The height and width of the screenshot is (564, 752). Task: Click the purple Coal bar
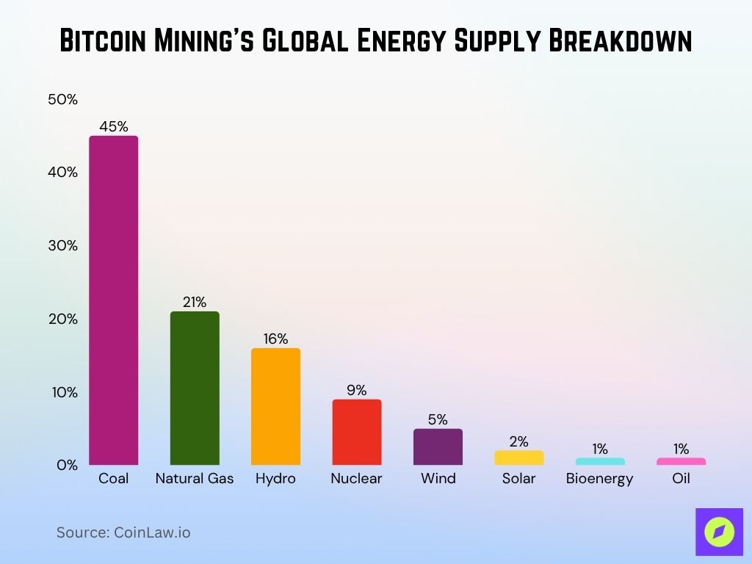(x=113, y=300)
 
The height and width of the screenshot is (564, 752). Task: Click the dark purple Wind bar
(x=438, y=446)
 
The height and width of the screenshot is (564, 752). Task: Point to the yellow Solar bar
(x=518, y=458)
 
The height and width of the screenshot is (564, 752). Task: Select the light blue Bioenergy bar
(x=599, y=461)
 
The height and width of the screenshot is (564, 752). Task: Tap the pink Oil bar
(x=681, y=461)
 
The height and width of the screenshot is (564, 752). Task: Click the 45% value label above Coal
(x=114, y=126)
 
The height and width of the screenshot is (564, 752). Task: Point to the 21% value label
(x=195, y=302)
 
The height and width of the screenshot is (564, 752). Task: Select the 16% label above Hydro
(x=275, y=339)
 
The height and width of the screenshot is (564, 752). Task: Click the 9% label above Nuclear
(x=357, y=390)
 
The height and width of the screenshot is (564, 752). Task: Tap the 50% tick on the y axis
(x=62, y=99)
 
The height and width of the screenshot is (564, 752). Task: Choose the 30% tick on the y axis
(x=62, y=245)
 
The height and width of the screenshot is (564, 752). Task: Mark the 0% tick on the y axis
(x=66, y=465)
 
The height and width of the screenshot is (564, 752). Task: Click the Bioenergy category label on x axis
(x=599, y=479)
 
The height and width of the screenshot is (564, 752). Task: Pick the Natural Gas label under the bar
(x=195, y=479)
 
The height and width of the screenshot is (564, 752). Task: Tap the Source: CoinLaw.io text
(x=123, y=532)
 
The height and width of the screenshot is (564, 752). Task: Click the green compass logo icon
(x=719, y=532)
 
